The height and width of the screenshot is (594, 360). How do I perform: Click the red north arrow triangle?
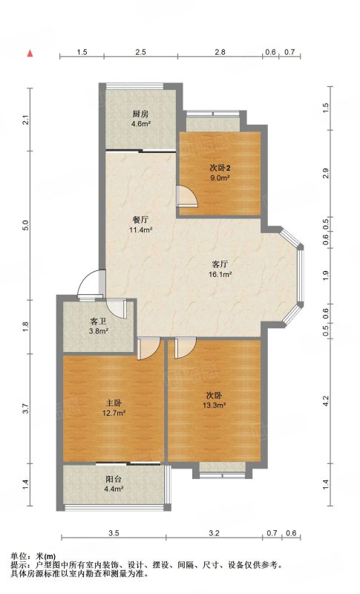[x=30, y=53]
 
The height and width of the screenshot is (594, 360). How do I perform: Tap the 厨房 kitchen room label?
[x=140, y=114]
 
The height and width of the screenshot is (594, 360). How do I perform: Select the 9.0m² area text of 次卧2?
[x=220, y=177]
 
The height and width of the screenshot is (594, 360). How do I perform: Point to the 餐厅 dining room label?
[x=140, y=220]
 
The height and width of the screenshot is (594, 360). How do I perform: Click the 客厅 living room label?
[x=220, y=264]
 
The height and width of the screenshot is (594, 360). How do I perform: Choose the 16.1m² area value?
[x=220, y=274]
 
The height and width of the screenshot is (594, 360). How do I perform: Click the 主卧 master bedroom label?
[x=113, y=403]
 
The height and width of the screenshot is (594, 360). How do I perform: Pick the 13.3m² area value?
[x=215, y=405]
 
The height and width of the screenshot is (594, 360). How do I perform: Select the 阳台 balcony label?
[x=114, y=479]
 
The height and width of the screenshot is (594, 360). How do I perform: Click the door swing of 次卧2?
[x=187, y=195]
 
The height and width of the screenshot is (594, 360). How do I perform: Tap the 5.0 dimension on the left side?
[x=25, y=226]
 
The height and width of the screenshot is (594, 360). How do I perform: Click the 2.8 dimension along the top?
[x=220, y=52]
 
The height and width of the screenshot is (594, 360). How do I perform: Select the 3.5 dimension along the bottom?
[x=114, y=533]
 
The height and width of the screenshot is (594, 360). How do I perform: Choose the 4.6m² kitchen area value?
[x=140, y=123]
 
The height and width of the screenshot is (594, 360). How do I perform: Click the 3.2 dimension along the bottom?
[x=214, y=533]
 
